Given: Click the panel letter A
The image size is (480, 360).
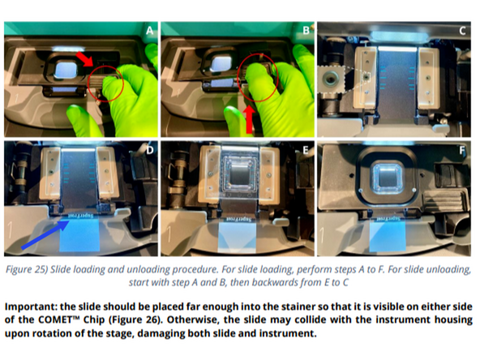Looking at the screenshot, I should pos(148,32).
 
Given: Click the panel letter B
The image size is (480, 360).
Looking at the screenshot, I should pos(305,32).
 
